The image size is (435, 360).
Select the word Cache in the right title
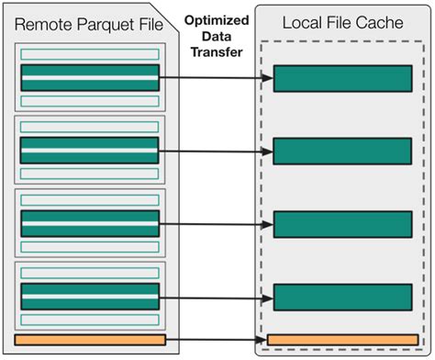[x=378, y=21]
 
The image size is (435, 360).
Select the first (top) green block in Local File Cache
[x=341, y=79]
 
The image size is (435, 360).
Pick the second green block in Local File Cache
[x=341, y=151]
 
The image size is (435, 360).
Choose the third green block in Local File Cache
[x=341, y=224]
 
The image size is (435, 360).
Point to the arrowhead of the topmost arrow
[x=269, y=78]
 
